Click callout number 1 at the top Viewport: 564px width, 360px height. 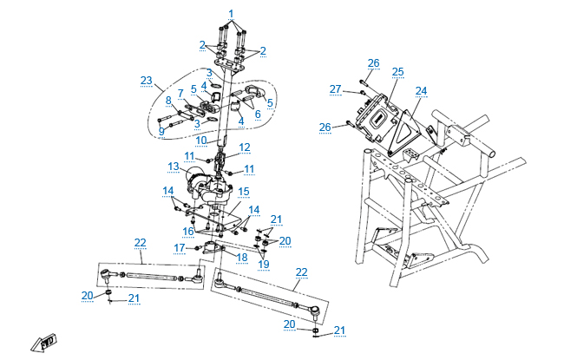point(232,13)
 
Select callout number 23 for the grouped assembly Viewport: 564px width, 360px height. point(146,81)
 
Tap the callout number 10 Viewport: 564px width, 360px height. point(200,139)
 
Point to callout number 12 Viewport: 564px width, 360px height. point(245,147)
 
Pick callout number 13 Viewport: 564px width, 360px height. point(174,166)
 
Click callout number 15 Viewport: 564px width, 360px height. point(244,191)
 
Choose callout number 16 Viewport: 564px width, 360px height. point(187,232)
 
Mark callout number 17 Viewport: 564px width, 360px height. point(180,248)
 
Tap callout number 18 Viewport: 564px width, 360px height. point(241,257)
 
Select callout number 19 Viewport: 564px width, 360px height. point(264,264)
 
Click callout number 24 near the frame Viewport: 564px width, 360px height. point(421,90)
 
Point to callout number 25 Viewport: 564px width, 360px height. point(397,71)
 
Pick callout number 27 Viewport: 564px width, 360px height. point(336,88)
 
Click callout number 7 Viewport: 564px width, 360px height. point(180,93)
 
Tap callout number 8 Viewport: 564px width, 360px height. point(169,101)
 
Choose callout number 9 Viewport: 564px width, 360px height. point(161,131)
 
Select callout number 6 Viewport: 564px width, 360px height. point(258,114)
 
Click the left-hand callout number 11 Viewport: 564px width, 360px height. point(189,155)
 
